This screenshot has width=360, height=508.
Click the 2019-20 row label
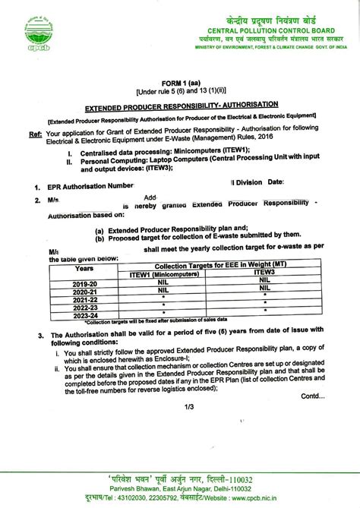84,282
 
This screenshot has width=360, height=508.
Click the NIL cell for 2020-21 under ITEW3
264,289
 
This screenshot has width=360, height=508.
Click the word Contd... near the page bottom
312,395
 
